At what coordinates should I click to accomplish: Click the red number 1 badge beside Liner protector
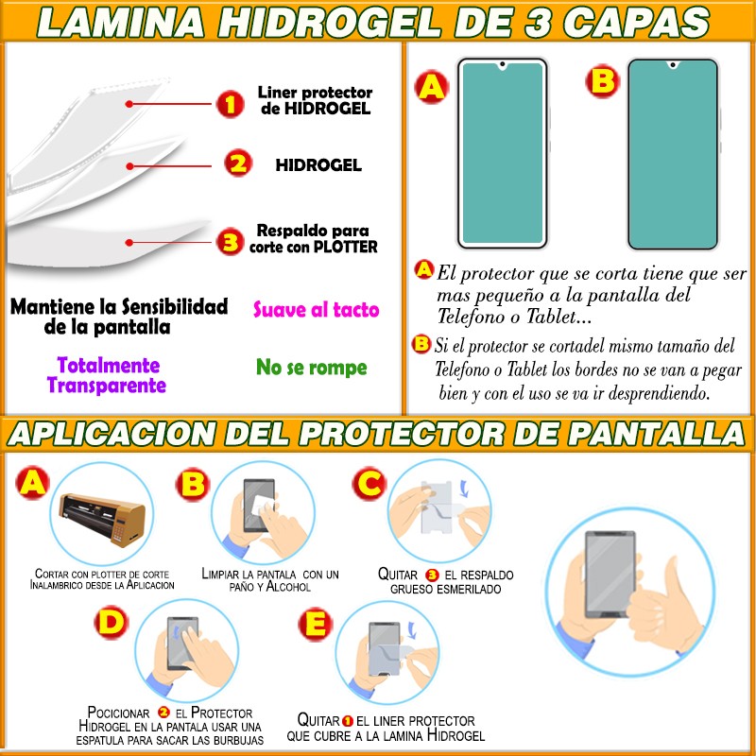point(230,104)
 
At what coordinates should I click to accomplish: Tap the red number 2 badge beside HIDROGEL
point(238,163)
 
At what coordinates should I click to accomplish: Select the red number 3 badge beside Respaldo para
point(230,241)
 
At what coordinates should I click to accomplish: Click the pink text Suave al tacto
point(317,310)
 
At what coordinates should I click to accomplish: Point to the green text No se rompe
point(312,368)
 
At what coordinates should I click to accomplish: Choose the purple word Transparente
point(107,386)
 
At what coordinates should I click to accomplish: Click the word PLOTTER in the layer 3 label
point(346,247)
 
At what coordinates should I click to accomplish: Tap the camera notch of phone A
point(503,64)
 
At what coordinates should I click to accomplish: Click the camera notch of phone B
point(673,64)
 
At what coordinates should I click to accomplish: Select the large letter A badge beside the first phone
point(432,87)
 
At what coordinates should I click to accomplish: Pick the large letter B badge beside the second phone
point(603,81)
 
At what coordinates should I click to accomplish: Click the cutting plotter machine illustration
point(102,519)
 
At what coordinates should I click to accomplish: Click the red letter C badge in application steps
point(369,483)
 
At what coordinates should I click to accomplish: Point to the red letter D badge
point(112,623)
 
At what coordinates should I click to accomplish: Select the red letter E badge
point(316,625)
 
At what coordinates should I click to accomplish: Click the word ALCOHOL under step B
point(288,587)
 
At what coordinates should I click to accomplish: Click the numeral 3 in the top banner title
point(537,23)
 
